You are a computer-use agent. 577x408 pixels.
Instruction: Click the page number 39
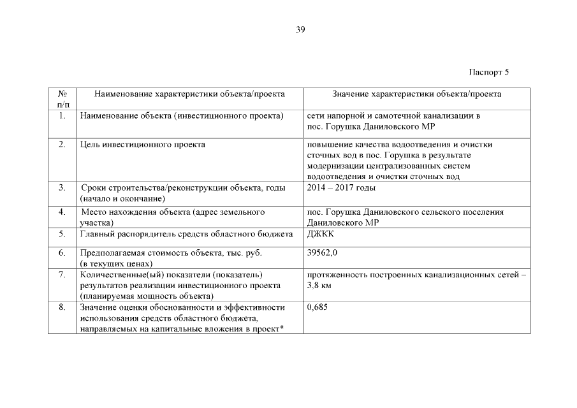(300, 29)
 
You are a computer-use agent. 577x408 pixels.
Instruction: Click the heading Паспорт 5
(489, 71)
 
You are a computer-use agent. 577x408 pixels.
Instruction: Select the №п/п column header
(62, 99)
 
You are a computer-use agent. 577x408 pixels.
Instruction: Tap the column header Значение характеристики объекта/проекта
(416, 94)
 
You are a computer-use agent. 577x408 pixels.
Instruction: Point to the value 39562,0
(322, 252)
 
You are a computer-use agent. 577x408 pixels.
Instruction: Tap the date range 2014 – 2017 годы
(341, 187)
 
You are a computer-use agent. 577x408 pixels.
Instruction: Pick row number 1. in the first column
(62, 116)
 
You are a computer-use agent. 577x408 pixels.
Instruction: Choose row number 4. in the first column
(62, 212)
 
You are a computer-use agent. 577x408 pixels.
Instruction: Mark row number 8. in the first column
(62, 307)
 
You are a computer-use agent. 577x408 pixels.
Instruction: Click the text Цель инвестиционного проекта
(142, 145)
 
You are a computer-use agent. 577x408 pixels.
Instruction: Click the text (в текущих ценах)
(116, 263)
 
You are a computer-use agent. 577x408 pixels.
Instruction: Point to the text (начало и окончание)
(122, 199)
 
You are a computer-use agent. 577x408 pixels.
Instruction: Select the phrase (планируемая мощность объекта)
(146, 296)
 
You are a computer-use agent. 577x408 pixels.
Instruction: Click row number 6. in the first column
(62, 252)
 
